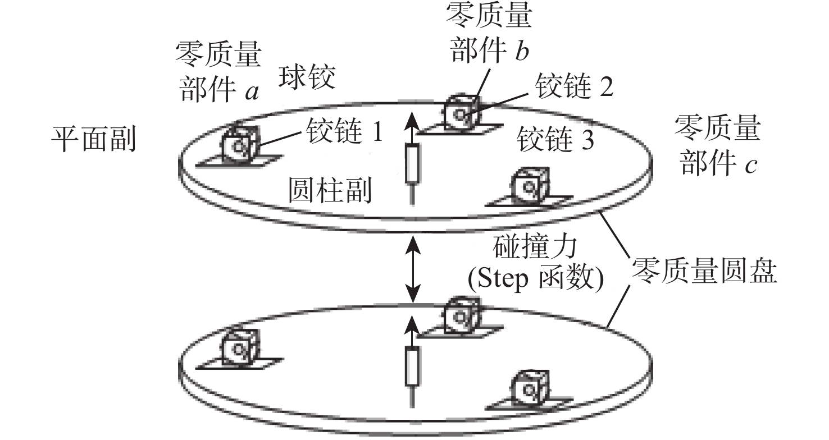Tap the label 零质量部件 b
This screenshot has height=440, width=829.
488,33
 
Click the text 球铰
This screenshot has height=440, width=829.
307,79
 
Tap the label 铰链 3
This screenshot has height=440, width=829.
555,140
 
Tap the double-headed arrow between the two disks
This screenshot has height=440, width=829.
414,269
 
